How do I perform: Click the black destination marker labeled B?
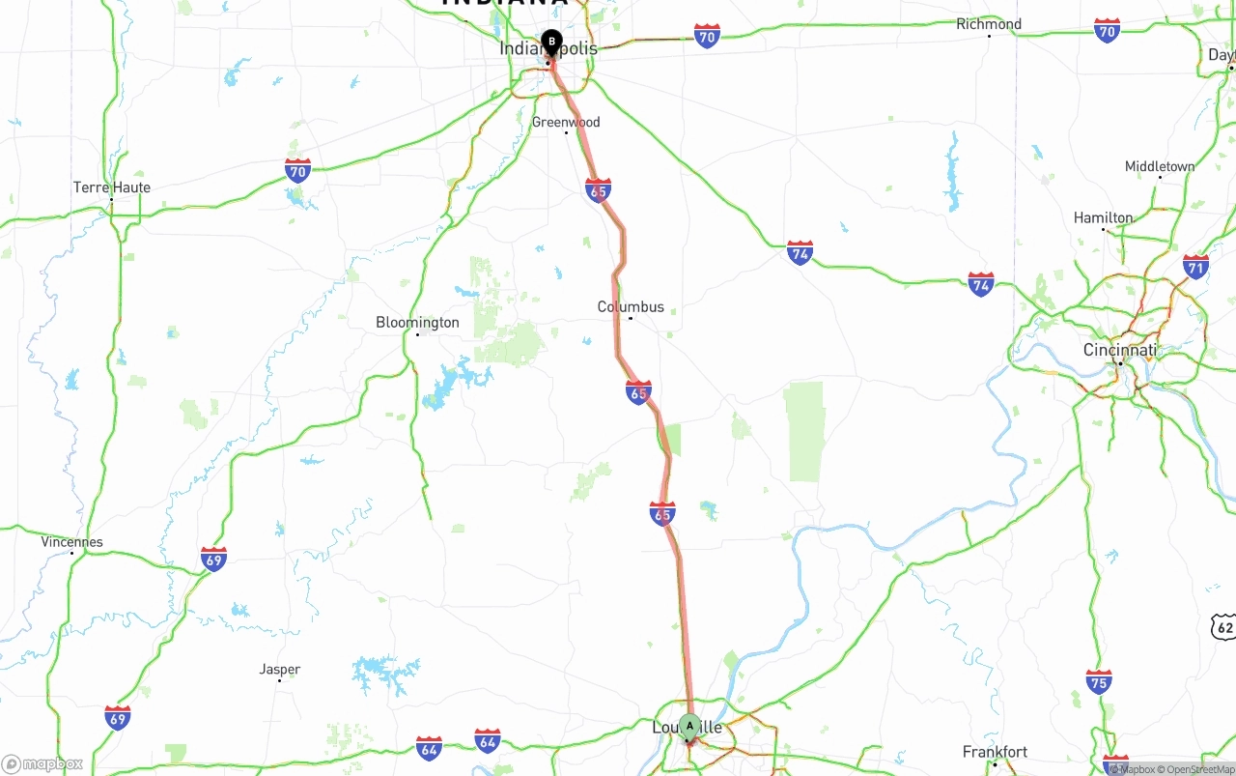(551, 43)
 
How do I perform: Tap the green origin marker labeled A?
(688, 726)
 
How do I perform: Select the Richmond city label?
(988, 24)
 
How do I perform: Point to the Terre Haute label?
(112, 187)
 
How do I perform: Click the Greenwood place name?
(566, 123)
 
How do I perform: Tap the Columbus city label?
(631, 307)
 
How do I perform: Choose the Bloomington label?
(417, 323)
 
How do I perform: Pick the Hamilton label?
(1103, 218)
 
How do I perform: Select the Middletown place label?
(1160, 167)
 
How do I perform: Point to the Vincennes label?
(72, 542)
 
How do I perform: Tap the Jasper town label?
(280, 670)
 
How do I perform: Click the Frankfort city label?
(995, 752)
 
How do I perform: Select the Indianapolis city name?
(548, 49)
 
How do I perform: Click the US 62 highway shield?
(1224, 626)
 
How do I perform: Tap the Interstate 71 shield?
(1195, 267)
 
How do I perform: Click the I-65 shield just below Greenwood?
(598, 190)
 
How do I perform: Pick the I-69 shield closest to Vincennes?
(213, 559)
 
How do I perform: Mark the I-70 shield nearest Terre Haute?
(298, 171)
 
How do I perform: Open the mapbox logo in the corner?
(42, 763)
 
